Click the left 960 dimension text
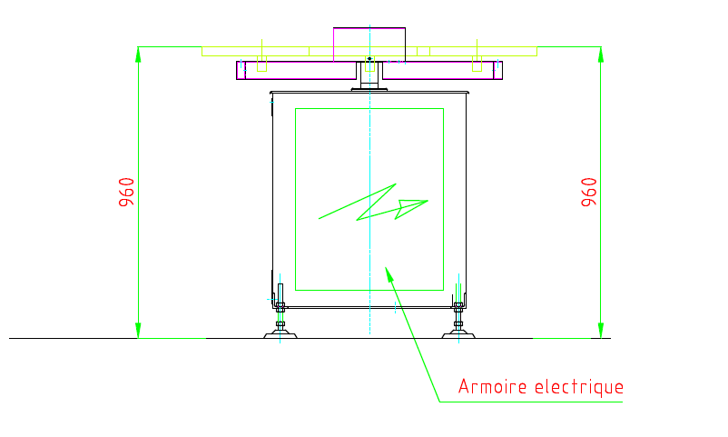pos(127,192)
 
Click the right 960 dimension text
pos(589,192)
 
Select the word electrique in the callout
pos(577,387)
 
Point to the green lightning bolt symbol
pos(373,204)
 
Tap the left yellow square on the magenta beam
pos(261,65)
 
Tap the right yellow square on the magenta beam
pos(477,65)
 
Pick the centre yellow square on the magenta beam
pos(369,65)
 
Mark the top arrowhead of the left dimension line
pos(138,54)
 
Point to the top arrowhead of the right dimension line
pos(600,54)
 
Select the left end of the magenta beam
pos(241,71)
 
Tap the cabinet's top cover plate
pos(369,92)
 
